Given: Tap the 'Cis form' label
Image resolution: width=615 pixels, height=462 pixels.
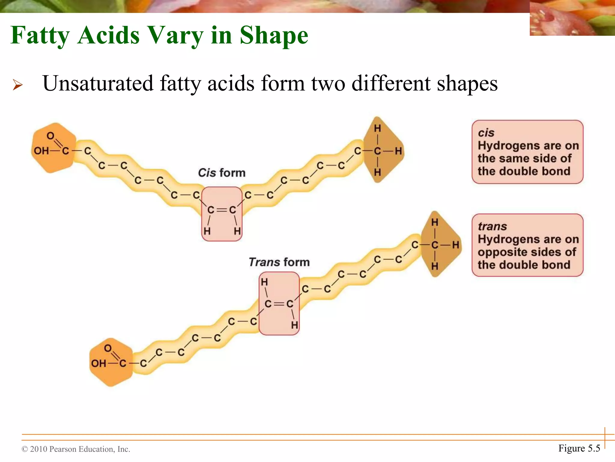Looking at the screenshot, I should point(222,173).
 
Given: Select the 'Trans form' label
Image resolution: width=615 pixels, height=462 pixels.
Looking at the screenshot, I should point(279,262).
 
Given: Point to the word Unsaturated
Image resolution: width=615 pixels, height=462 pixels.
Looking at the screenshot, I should point(98,83).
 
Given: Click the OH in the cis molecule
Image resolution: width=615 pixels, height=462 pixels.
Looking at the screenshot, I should point(41,150).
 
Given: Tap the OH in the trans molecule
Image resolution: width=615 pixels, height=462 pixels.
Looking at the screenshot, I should point(98,363).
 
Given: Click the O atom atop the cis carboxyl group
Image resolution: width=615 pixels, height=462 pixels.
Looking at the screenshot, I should point(50,136).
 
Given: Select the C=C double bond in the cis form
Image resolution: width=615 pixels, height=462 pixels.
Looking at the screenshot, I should point(222,210).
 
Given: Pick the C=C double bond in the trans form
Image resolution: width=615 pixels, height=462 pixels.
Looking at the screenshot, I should point(279,304).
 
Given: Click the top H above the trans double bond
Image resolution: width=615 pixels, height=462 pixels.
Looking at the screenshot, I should point(264,282).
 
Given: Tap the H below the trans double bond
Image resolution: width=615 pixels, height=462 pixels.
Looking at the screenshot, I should point(295,325).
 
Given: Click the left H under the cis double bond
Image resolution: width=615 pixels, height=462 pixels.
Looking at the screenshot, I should point(207,231).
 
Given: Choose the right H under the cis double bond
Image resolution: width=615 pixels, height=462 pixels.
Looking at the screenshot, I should point(237,231).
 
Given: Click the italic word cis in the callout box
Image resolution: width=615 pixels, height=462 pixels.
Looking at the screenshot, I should point(486,133).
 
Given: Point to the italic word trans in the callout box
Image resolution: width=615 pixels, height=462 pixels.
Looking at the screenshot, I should point(492,226).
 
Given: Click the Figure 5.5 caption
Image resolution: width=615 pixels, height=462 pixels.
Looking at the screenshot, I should point(579,448).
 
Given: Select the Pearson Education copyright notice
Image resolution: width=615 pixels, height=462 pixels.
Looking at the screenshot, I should point(76,449).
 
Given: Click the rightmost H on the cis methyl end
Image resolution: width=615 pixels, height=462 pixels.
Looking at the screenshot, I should point(398,151).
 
